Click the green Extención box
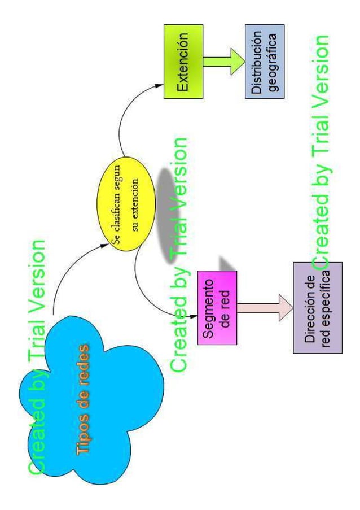[183, 62]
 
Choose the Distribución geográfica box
[264, 61]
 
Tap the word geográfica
[273, 61]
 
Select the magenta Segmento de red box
[217, 307]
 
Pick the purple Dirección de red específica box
[317, 308]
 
